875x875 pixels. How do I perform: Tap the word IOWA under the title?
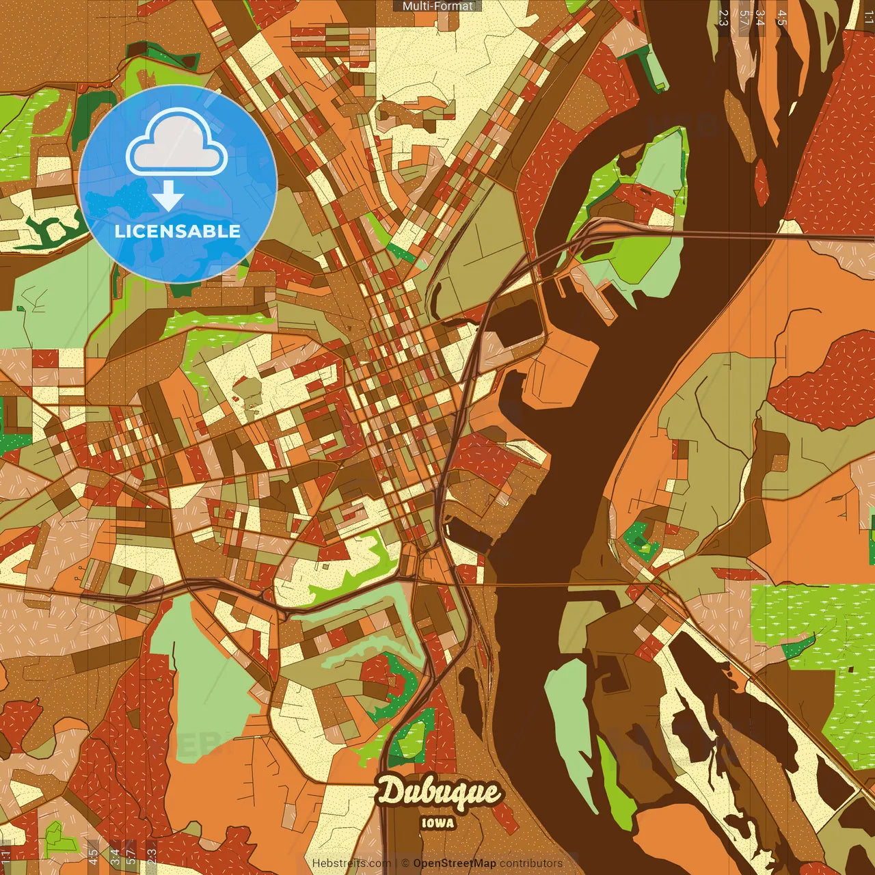point(438,823)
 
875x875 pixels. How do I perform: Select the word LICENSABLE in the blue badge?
point(178,231)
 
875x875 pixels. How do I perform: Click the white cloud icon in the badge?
point(177,144)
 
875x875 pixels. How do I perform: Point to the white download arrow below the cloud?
point(168,197)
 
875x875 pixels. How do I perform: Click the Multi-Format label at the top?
point(437,6)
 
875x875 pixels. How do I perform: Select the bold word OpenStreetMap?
point(454,863)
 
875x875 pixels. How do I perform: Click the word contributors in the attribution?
point(530,863)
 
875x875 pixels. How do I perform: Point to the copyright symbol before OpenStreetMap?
point(405,863)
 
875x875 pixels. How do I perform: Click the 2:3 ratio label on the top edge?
point(724,18)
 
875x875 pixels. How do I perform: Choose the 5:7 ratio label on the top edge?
point(744,18)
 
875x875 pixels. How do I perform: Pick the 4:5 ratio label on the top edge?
point(782,18)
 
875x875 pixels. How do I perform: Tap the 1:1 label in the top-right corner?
point(868,18)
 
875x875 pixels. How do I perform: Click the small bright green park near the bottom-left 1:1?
point(55,835)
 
